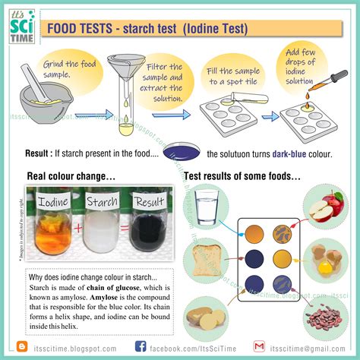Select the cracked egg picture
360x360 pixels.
click(332, 263)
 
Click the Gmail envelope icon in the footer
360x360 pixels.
click(259, 346)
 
